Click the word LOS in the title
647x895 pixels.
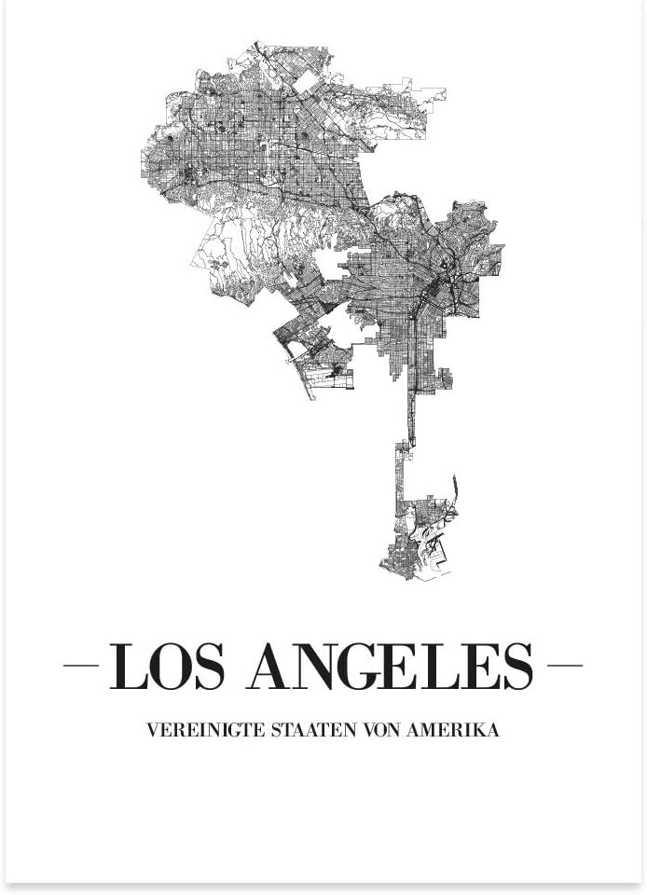pos(167,666)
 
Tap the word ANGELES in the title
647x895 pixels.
pos(390,666)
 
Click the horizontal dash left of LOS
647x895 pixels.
pos(81,666)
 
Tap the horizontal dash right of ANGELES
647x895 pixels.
pos(564,666)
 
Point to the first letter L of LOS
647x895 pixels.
pos(127,666)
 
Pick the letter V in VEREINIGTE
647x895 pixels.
pos(153,730)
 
